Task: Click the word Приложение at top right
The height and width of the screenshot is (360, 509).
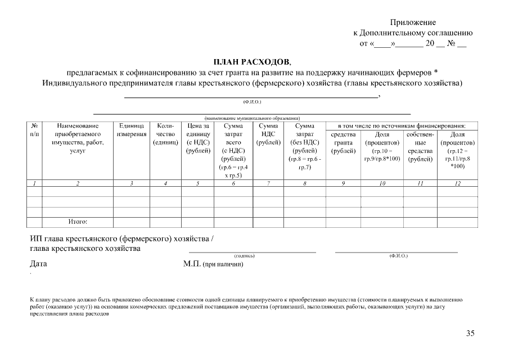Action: tap(413, 22)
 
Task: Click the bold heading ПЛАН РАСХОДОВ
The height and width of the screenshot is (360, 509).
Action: tap(254, 61)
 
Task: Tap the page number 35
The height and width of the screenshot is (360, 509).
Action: tap(470, 333)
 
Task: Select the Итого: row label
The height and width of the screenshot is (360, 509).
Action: tap(78, 222)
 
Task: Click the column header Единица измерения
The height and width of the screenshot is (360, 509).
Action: tap(132, 130)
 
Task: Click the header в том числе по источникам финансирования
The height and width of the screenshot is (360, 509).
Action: tap(402, 125)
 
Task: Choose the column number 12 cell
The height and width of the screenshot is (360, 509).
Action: tap(457, 183)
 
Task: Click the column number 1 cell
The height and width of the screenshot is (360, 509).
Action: tap(34, 183)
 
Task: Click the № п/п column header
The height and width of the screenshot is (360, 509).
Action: tap(34, 130)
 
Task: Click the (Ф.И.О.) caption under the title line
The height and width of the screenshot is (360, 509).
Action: tap(252, 102)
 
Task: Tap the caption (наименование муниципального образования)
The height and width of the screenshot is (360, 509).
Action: tap(252, 118)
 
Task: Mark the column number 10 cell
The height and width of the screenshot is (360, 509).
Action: tap(382, 183)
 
